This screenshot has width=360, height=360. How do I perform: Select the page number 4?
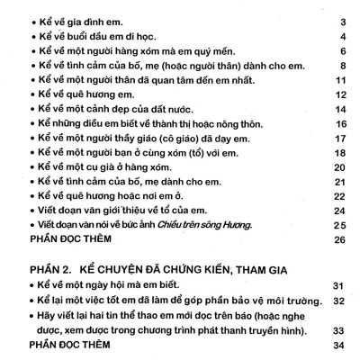pos(345,37)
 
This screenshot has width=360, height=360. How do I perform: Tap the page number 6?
pos(345,52)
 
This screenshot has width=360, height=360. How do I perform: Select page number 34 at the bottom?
pos(339,345)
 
